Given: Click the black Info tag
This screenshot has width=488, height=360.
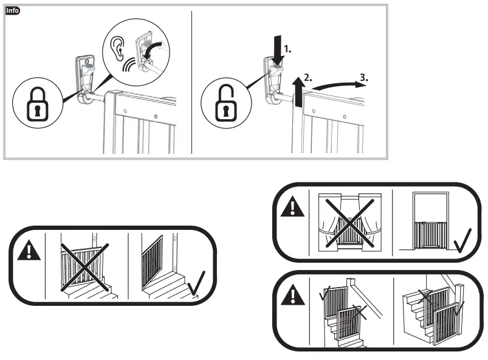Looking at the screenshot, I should coord(12,11).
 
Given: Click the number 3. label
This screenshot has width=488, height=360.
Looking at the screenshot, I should coord(363,78).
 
